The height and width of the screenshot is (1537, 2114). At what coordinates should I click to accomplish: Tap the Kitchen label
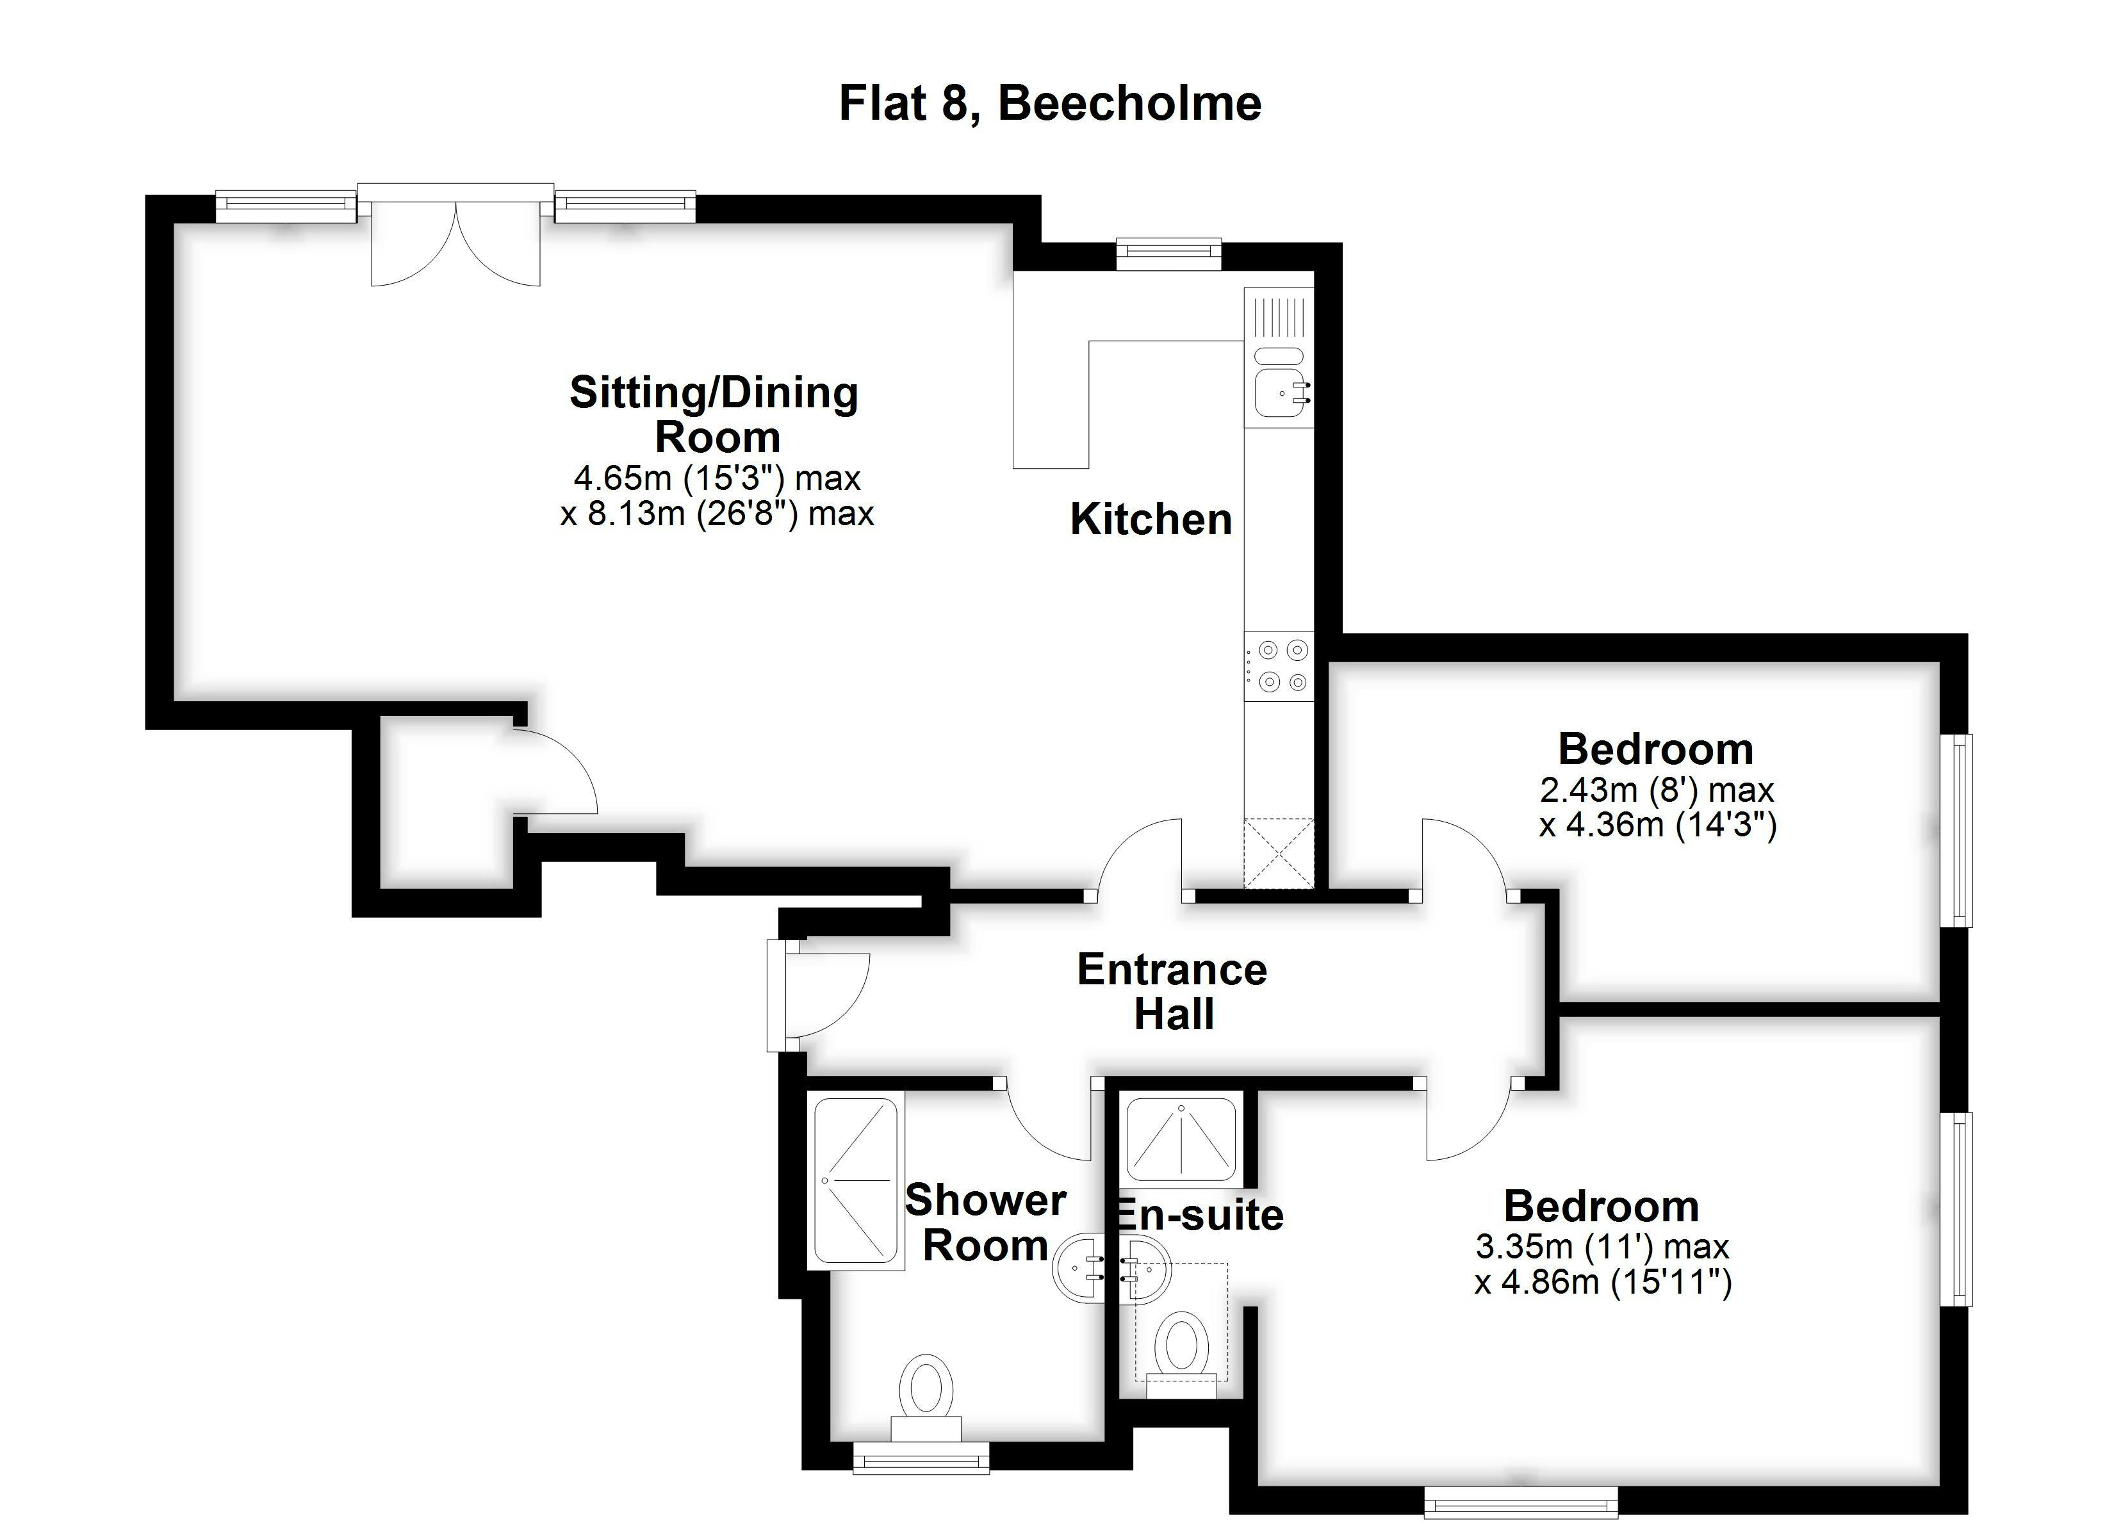1151,519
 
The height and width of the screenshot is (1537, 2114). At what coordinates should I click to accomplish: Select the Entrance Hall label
1172,992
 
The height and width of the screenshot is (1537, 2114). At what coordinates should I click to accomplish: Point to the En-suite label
1200,1214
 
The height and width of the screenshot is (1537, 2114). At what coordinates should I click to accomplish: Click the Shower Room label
986,1222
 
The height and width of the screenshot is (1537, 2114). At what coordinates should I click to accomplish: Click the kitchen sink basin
1280,391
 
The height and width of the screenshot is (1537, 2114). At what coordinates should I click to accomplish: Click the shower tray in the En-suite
1181,1140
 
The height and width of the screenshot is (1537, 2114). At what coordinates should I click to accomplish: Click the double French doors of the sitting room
456,235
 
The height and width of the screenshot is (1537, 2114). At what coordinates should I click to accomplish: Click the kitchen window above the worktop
1170,254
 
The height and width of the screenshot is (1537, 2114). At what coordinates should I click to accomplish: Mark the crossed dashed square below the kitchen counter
1279,853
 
